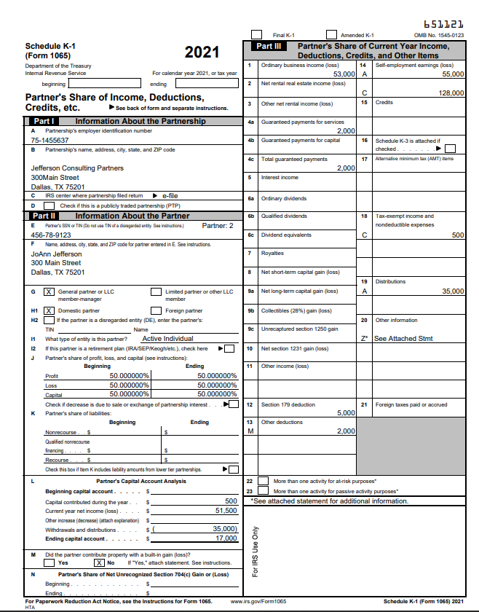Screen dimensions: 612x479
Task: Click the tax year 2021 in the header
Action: [202, 52]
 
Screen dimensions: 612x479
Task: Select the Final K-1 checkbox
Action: [256, 34]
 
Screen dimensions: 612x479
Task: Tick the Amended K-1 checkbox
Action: [332, 34]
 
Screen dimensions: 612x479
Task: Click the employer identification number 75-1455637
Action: [50, 140]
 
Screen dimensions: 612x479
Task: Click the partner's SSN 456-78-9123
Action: [51, 235]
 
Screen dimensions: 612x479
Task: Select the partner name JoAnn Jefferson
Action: [57, 254]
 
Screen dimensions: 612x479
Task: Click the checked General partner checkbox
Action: [49, 291]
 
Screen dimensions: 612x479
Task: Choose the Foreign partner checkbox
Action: [156, 309]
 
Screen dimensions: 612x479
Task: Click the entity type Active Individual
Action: [167, 338]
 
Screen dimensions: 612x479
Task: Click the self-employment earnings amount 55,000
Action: [452, 74]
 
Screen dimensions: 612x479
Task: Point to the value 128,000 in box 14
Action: [450, 93]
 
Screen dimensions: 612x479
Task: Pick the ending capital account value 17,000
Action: [226, 538]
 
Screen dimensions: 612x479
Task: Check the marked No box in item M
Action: [99, 562]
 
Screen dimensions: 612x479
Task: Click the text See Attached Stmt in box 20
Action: [404, 338]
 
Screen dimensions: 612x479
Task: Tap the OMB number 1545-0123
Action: [448, 35]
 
